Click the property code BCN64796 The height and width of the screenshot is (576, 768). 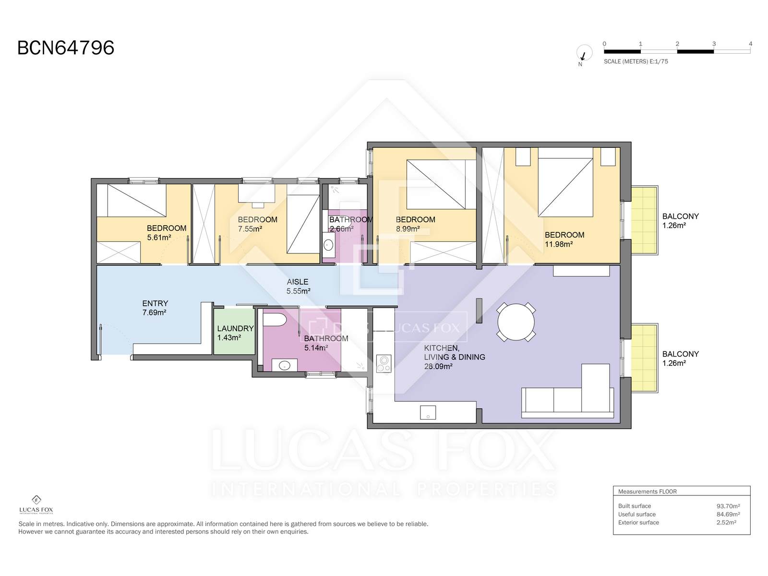coord(66,48)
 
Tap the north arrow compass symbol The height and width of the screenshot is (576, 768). coord(584,53)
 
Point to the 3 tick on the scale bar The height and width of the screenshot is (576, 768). coord(714,44)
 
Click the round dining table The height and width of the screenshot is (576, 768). coord(516,322)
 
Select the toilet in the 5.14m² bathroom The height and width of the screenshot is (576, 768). coord(275,319)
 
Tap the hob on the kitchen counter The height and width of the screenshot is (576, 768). coord(384,363)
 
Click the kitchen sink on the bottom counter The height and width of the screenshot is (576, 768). coord(428,412)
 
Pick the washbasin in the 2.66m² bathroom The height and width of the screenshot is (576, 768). coord(328,244)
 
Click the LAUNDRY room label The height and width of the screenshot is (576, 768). coord(235,328)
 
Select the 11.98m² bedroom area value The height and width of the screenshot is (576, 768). coord(559,244)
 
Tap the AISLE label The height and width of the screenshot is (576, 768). coord(298,282)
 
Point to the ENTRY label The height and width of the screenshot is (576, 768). coord(155,303)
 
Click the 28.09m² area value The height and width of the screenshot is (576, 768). coord(438,367)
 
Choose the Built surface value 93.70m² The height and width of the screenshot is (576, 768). coord(728,506)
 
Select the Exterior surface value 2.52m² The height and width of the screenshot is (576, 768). coord(726,523)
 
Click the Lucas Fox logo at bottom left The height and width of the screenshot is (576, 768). coord(36,504)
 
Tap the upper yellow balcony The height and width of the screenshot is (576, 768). coord(644,220)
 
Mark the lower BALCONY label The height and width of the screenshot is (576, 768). coord(680,354)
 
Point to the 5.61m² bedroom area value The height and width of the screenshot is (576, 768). coord(159,238)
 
